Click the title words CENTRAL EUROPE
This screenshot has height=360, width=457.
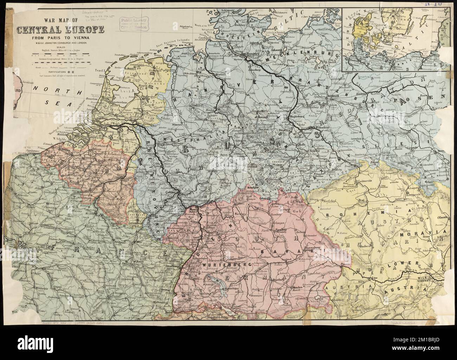coord(60,30)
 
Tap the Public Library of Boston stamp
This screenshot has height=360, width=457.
coord(135,23)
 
